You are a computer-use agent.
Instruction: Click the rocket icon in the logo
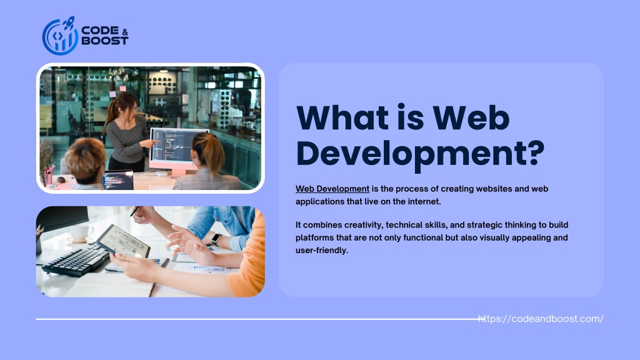(x=69, y=22)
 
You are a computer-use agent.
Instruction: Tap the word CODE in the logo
(x=100, y=31)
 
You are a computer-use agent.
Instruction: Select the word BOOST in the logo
(x=105, y=41)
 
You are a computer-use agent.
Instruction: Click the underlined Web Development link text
(x=332, y=189)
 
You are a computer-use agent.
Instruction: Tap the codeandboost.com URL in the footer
(x=541, y=319)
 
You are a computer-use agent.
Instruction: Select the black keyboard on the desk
(x=76, y=259)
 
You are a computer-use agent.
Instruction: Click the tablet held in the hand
(x=123, y=241)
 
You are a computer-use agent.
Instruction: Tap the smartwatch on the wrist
(x=216, y=239)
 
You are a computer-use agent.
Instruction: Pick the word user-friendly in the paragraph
(x=322, y=250)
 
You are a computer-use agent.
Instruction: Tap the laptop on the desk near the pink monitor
(x=117, y=181)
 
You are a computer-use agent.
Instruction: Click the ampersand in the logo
(x=125, y=32)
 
